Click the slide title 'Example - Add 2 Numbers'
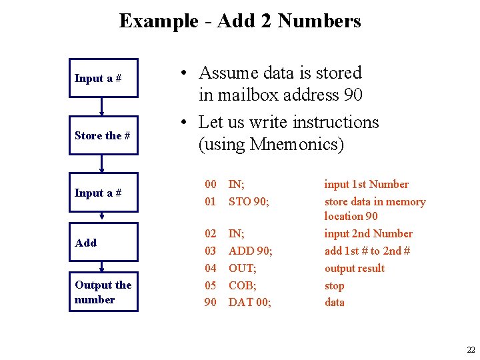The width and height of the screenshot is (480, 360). coord(240,21)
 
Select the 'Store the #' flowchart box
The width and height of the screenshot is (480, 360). coord(103,135)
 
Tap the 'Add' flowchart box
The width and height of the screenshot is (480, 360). coord(103,243)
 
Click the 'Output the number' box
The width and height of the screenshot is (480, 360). coord(103,292)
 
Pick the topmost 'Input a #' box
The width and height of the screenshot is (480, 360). coord(103,78)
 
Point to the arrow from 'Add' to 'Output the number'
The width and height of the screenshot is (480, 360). coord(101,266)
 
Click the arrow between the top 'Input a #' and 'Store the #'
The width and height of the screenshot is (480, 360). coord(101,107)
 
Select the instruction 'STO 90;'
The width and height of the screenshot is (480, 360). coord(249,201)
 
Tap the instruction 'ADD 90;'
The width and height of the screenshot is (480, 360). coord(250,251)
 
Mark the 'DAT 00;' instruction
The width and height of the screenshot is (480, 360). coord(249,302)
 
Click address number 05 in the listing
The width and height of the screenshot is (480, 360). coord(210,285)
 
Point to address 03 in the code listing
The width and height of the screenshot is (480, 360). coord(210,251)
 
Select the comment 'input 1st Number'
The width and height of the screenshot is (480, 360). coord(366,184)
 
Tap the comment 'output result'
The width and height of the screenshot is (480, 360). coord(354,268)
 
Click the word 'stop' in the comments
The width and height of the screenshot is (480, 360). coord(334,285)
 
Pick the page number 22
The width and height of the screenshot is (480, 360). coord(471,350)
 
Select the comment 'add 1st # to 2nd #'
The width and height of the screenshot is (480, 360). coord(367,251)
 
